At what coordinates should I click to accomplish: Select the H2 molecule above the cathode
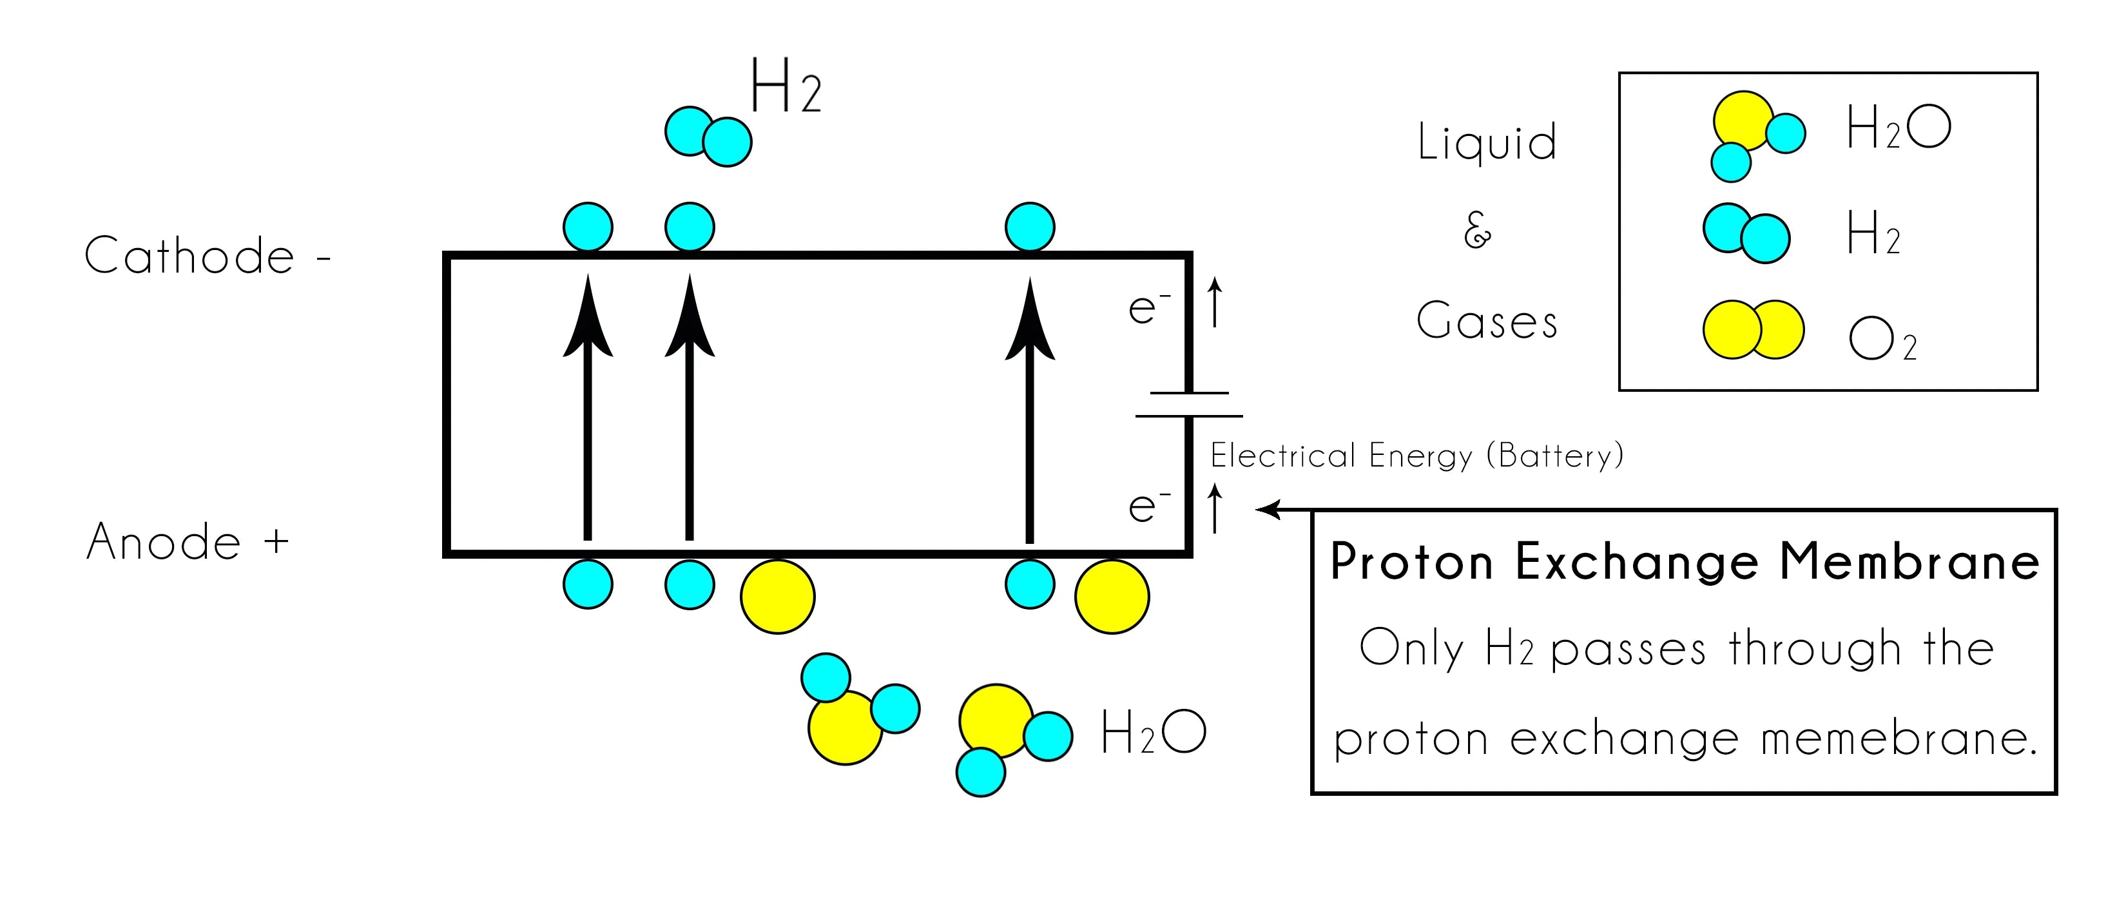click(708, 136)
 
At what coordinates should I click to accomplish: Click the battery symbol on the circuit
click(1188, 404)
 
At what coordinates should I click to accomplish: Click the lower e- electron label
click(1148, 505)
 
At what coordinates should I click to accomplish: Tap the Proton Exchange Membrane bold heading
click(1684, 563)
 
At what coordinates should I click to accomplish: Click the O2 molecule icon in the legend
click(1753, 329)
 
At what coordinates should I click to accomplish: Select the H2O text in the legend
click(1899, 129)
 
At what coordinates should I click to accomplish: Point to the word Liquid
click(1487, 142)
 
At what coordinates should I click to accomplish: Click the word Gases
click(1487, 321)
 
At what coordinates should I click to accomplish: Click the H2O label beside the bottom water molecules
click(1153, 732)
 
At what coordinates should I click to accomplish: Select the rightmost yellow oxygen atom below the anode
click(1111, 597)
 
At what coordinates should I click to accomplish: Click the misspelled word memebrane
click(1899, 738)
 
